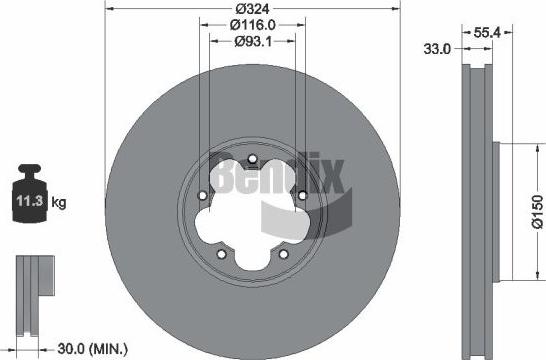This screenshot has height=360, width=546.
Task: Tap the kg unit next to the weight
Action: coord(59,204)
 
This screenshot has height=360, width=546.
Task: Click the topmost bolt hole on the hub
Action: coord(252,159)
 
